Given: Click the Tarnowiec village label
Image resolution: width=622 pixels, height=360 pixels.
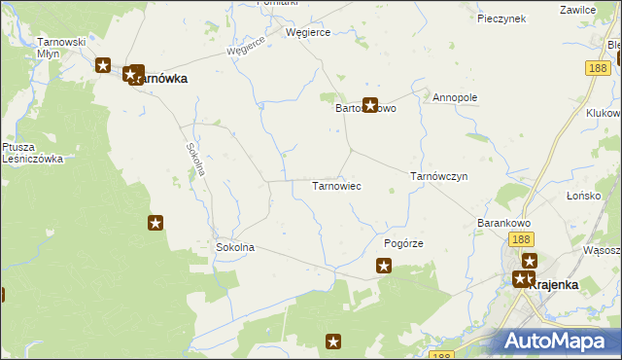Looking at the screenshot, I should (x=336, y=185).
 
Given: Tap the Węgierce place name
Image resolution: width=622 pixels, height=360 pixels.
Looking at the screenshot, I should (x=308, y=32).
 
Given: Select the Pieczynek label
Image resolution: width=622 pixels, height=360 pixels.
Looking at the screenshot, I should (x=501, y=18).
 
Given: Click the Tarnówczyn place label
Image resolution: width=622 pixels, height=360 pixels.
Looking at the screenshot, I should (x=439, y=177).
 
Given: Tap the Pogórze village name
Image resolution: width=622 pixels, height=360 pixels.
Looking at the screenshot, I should (x=404, y=243).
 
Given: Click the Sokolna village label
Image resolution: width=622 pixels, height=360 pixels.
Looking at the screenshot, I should (x=234, y=247).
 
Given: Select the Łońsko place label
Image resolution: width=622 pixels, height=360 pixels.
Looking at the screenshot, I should (x=586, y=196).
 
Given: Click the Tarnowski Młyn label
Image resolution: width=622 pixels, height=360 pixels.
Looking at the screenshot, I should (x=61, y=48).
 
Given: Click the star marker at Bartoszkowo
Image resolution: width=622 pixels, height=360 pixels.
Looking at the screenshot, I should (x=370, y=106).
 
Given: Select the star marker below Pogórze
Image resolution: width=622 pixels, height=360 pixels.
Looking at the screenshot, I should (x=384, y=265).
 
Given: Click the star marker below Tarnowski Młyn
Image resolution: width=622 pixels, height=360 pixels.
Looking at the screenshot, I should (x=103, y=66).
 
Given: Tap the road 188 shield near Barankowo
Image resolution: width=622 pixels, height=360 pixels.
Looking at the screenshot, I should (x=521, y=239).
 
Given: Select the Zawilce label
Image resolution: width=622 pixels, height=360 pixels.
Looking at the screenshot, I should (x=578, y=9).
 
